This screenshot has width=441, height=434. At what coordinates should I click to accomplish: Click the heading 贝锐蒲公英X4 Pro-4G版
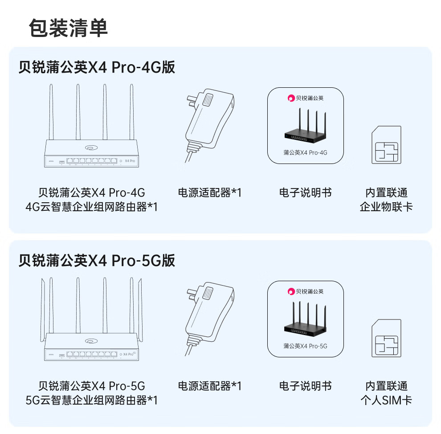tap(97, 67)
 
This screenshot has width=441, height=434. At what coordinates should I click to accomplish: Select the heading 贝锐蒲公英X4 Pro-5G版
tap(97, 260)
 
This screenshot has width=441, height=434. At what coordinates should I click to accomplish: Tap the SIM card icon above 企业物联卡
tap(386, 145)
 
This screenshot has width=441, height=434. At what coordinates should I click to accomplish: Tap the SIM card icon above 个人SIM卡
tap(386, 339)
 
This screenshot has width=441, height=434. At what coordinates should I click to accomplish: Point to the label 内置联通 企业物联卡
tap(386, 200)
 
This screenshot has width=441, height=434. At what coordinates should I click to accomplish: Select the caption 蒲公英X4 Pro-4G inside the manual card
tap(305, 153)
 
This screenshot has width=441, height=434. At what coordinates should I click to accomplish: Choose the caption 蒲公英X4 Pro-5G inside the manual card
tap(305, 346)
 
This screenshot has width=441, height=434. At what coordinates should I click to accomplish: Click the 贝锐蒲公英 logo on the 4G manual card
tap(305, 98)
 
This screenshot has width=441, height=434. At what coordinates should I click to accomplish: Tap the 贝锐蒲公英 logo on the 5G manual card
tap(305, 291)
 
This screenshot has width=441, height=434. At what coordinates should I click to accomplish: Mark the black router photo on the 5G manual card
tap(305, 320)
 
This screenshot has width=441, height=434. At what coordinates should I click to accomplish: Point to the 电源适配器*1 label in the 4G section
tap(209, 192)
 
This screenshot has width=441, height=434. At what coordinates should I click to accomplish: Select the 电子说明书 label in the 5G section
tap(305, 386)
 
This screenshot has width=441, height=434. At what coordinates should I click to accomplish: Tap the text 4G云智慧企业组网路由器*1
tap(91, 207)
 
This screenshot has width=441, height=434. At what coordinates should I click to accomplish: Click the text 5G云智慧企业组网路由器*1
tap(91, 400)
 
